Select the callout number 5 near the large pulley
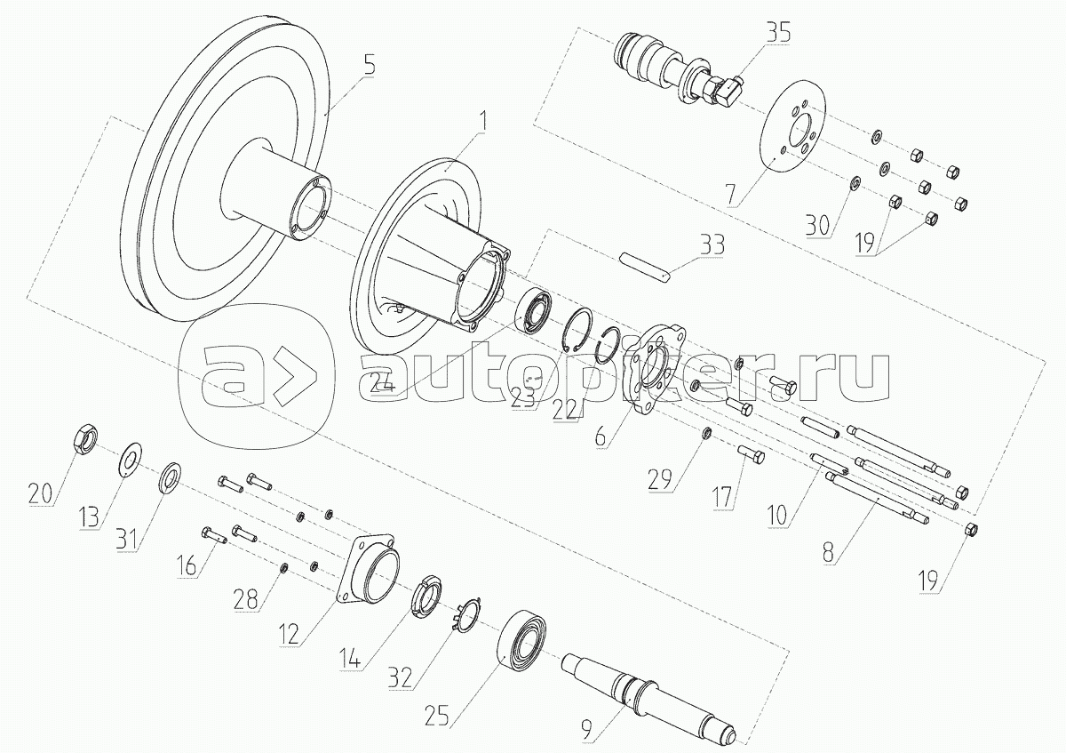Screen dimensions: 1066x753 (x=370, y=64)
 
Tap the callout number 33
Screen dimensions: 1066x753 (x=712, y=244)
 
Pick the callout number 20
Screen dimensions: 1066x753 (x=40, y=494)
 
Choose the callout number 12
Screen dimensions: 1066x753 (x=289, y=634)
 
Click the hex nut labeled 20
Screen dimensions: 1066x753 (x=86, y=435)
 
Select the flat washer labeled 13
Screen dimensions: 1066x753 (x=129, y=460)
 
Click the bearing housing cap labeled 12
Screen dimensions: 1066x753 (x=369, y=569)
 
